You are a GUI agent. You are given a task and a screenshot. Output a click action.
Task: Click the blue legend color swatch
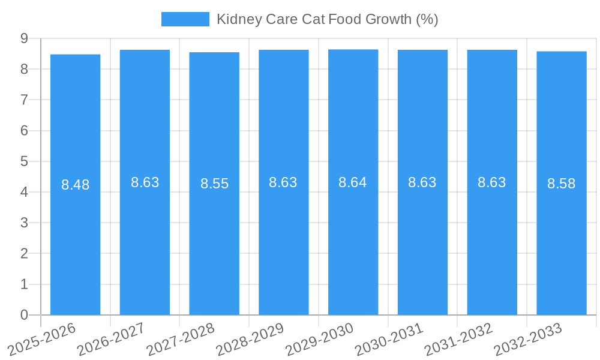click(185, 19)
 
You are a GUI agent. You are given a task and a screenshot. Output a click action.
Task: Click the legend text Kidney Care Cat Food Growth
click(327, 19)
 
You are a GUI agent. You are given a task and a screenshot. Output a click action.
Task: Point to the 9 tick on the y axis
click(25, 38)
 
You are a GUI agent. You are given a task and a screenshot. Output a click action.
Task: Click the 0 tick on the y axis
click(25, 315)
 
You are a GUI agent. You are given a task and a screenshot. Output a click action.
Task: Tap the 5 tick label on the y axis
click(25, 161)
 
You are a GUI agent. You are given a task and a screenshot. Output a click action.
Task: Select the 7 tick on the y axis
click(25, 100)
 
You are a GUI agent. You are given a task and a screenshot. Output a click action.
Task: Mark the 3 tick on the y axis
click(25, 223)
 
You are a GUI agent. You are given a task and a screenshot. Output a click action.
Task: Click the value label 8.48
click(75, 185)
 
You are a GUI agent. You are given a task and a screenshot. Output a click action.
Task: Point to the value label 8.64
click(353, 182)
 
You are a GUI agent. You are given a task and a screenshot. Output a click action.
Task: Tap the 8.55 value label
click(214, 184)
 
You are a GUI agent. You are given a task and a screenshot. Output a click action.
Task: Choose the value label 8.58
click(561, 184)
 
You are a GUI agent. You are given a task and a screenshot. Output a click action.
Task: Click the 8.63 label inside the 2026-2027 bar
click(145, 182)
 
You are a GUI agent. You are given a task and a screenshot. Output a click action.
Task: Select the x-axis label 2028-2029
click(250, 339)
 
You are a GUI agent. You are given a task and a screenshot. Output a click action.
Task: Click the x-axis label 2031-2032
click(458, 339)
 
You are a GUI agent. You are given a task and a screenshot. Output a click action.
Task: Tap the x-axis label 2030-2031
click(389, 339)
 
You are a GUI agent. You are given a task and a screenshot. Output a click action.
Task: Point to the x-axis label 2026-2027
click(111, 339)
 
